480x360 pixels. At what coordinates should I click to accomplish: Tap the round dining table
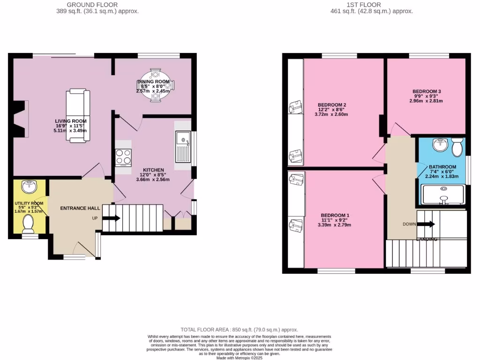(157, 86)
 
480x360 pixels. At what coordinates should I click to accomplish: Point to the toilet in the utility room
(29, 223)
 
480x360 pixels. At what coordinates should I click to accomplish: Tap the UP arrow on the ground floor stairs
(112, 218)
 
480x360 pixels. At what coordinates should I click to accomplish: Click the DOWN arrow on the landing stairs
(426, 224)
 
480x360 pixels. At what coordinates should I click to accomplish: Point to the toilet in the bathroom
(457, 147)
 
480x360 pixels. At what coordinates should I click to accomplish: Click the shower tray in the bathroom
(443, 195)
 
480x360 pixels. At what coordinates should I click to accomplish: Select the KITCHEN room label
(153, 170)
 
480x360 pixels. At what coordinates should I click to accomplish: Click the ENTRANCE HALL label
(80, 208)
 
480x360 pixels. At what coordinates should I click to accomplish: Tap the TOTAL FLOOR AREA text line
(240, 330)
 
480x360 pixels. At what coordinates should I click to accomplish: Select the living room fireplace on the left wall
(19, 120)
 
